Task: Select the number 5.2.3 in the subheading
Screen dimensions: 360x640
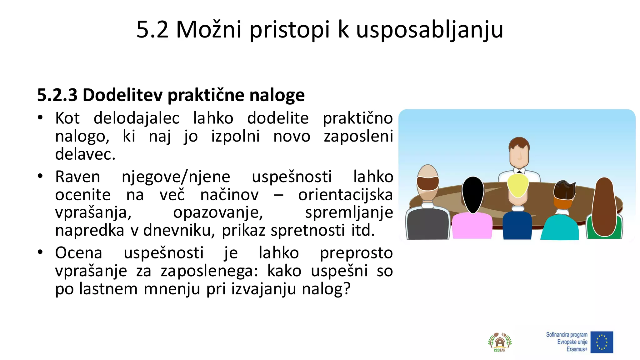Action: click(57, 95)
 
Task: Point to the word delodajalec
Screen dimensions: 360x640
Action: click(137, 118)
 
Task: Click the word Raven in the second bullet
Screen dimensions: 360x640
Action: click(77, 177)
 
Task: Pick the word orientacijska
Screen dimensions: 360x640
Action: click(345, 195)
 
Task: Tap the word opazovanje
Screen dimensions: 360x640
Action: click(218, 212)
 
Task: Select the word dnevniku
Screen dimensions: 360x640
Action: click(179, 230)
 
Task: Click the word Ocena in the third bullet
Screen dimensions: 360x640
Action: click(79, 253)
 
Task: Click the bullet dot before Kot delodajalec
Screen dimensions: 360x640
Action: click(40, 118)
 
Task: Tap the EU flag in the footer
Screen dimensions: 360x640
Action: click(602, 342)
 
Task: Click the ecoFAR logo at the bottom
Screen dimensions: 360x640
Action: click(500, 342)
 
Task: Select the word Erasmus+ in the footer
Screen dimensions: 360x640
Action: click(577, 349)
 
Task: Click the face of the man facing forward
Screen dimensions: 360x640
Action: click(519, 155)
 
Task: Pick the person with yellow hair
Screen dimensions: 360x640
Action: click(518, 186)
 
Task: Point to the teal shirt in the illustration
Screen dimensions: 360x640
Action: click(559, 228)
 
